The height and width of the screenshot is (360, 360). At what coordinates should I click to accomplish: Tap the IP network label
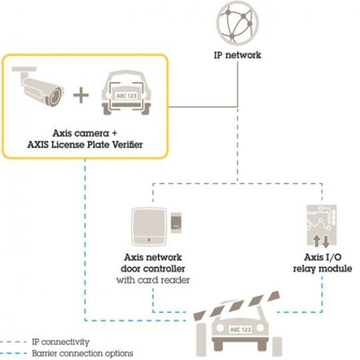pos(237,57)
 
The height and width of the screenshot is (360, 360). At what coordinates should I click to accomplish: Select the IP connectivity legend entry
pos(61,342)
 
